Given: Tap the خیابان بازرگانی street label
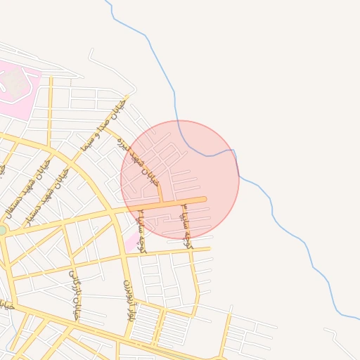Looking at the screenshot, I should click(75, 296).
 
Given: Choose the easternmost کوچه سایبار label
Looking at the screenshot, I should click(186, 225).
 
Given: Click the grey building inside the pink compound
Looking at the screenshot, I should click(14, 84).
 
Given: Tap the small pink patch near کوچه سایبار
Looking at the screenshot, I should click(132, 243).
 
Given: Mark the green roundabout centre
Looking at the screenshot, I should click(2, 230).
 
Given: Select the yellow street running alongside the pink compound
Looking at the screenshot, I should click(50, 112).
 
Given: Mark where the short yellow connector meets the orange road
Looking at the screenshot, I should click(162, 202).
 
